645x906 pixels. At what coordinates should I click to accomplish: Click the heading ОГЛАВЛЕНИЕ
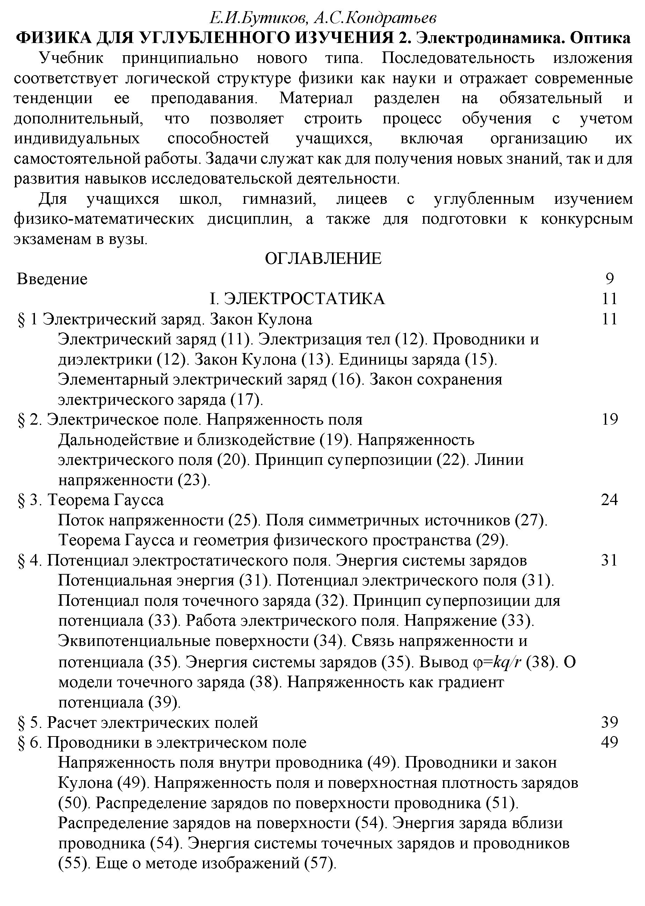click(322, 259)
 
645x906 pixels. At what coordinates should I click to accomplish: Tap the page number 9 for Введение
click(610, 279)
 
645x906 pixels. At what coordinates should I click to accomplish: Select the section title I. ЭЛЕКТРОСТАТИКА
click(297, 299)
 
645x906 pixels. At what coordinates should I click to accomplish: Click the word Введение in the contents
click(52, 279)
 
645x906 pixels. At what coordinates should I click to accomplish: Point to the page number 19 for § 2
click(610, 419)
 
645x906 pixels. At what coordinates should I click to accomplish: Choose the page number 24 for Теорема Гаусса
click(610, 499)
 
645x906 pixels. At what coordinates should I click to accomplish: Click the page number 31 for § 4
click(610, 560)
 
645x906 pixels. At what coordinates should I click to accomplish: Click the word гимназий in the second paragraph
click(279, 199)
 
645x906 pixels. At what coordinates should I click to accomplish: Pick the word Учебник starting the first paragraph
click(71, 58)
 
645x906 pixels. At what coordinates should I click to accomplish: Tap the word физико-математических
click(104, 219)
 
